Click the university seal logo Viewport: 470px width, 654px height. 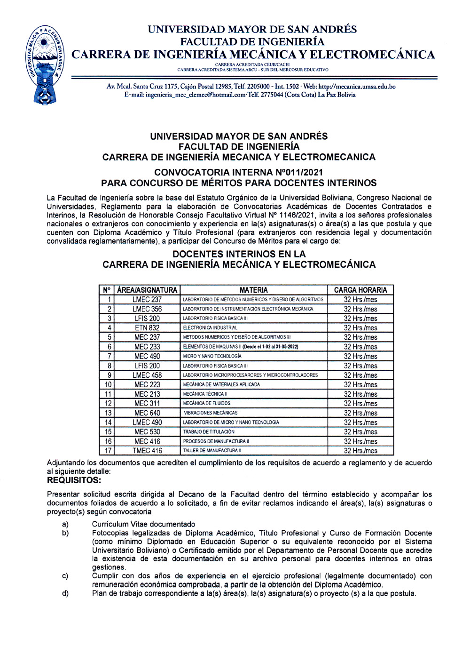45,64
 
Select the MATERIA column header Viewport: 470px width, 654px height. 253,290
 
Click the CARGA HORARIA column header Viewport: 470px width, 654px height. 360,290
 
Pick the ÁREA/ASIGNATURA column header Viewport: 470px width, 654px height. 147,290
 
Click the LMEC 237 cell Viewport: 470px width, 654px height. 147,300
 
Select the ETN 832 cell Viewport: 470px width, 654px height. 147,328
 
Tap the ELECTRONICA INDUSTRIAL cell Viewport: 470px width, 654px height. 210,328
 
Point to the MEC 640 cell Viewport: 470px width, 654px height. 147,413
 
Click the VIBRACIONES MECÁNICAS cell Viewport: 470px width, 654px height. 211,413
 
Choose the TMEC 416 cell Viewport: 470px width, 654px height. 147,451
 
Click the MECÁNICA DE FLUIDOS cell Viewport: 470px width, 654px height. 207,403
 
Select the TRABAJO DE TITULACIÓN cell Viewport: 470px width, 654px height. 209,432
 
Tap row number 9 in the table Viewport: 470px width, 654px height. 109,375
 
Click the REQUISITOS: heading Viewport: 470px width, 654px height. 74,480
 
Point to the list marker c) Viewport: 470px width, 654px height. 65,576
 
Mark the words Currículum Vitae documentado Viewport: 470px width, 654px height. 143,524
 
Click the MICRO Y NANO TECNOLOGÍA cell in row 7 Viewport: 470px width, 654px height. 212,356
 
